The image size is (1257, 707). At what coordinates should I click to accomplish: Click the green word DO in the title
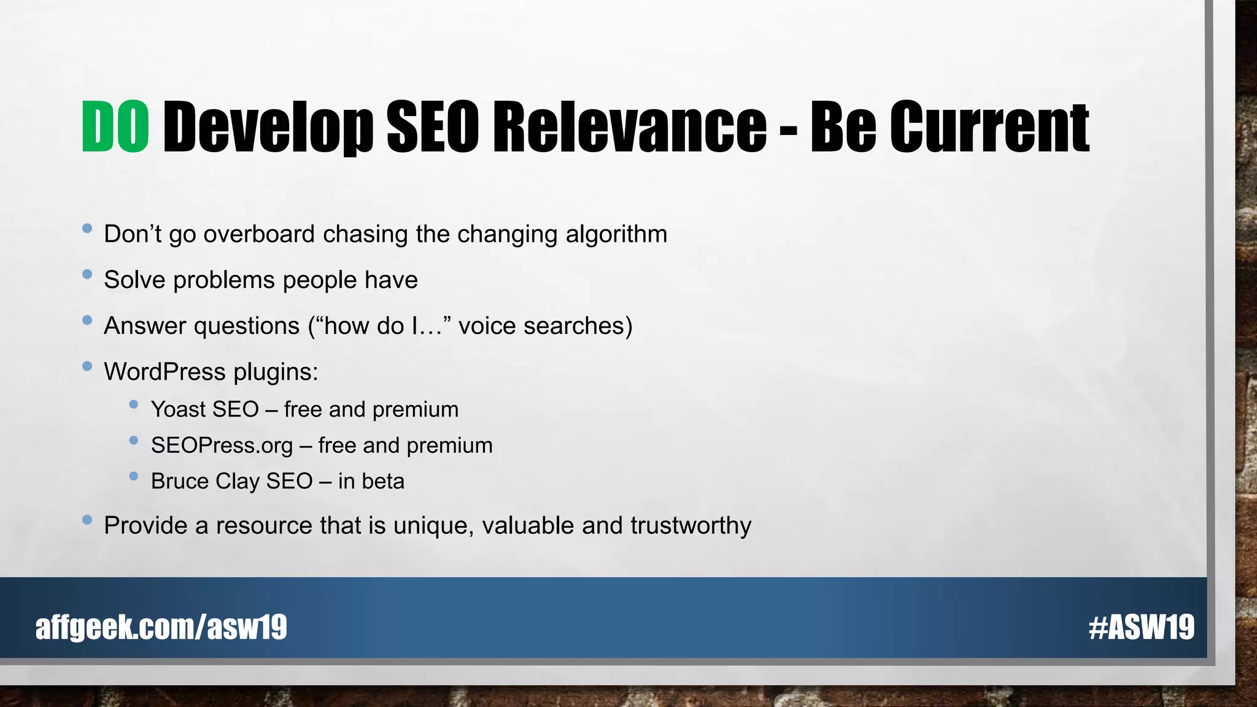(x=115, y=127)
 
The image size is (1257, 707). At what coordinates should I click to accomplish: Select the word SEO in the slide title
(x=433, y=127)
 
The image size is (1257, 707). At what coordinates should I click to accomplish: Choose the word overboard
(x=259, y=234)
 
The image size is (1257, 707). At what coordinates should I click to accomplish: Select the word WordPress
(x=164, y=372)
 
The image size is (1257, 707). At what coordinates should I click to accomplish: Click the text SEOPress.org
(x=222, y=446)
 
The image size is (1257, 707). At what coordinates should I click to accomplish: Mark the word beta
(x=383, y=481)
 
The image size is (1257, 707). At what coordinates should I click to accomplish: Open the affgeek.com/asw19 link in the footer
(x=161, y=627)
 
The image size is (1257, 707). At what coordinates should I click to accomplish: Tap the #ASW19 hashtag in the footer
(x=1142, y=627)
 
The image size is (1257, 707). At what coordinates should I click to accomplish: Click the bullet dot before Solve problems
(x=87, y=274)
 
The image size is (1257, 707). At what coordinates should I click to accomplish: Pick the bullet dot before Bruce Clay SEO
(x=134, y=476)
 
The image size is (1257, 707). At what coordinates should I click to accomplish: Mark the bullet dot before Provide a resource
(x=87, y=520)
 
